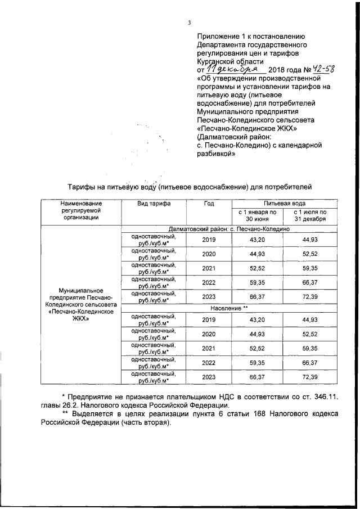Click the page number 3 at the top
coord(190,22)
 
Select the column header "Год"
coord(208,203)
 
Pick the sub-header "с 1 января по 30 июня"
coord(256,215)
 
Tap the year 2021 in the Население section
coord(208,349)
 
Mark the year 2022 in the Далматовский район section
coord(208,282)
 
